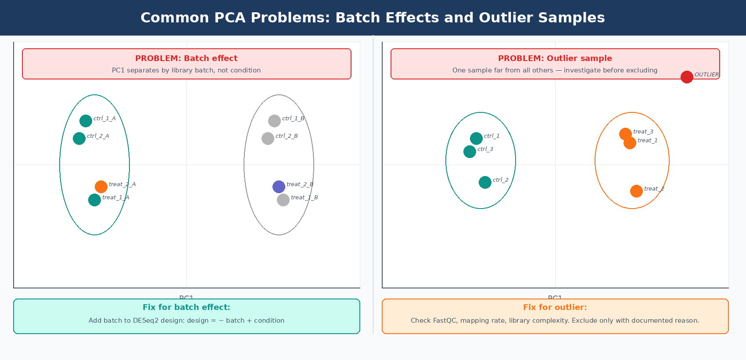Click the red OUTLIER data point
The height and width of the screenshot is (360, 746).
[687, 77]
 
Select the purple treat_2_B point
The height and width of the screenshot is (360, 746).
[279, 187]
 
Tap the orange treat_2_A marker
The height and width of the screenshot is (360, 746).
[101, 187]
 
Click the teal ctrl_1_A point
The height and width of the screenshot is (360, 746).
[86, 121]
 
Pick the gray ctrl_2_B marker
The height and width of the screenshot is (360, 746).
[268, 138]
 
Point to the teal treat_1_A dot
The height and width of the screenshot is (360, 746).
[94, 200]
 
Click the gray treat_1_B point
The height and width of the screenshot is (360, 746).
[283, 200]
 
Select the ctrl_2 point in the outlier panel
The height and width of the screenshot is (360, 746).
[485, 182]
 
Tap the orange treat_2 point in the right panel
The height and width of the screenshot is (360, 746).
[636, 191]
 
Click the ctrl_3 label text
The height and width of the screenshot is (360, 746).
[485, 149]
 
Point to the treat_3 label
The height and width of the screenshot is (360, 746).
[643, 132]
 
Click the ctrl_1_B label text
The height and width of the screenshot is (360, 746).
[293, 119]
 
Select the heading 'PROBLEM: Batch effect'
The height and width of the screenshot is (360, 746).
[186, 58]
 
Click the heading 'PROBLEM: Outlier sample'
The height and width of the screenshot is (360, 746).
[555, 58]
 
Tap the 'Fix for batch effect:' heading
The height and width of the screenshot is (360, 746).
[186, 307]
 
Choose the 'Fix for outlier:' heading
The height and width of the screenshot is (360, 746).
[555, 307]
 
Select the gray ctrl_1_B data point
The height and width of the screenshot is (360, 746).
[274, 121]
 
